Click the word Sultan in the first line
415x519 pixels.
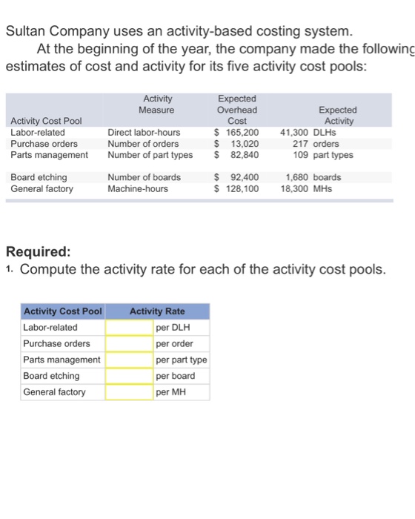27,32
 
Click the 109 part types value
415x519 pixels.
323,155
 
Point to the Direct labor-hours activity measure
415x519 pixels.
144,133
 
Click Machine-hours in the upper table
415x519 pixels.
139,189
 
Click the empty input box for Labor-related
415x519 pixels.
130,327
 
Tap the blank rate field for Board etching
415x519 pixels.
130,376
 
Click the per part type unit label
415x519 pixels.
182,360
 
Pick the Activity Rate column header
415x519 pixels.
157,311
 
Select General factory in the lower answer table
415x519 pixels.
54,392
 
